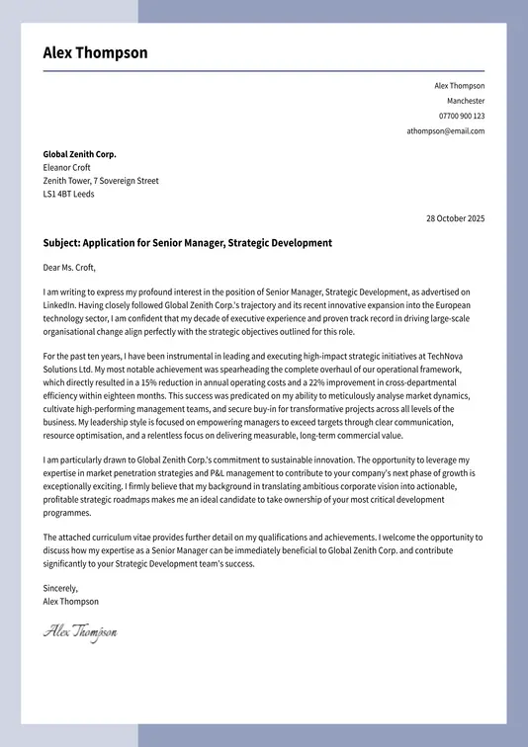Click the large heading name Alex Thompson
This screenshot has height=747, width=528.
(x=95, y=53)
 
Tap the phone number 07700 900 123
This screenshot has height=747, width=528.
(x=462, y=116)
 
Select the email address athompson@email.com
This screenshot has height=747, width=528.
(x=446, y=130)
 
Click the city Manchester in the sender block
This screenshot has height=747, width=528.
(x=466, y=101)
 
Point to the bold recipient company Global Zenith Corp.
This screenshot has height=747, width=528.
(x=79, y=154)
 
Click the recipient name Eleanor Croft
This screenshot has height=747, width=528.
(x=66, y=168)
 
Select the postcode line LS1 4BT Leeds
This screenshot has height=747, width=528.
(x=68, y=195)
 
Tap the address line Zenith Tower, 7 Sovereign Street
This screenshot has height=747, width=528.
(x=101, y=181)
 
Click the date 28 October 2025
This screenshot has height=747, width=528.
(x=455, y=218)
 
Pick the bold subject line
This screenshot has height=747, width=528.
(x=188, y=243)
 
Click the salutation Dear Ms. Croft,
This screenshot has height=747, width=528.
(x=70, y=267)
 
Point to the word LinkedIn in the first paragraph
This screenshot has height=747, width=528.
(x=59, y=306)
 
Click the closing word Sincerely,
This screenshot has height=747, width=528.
(x=60, y=588)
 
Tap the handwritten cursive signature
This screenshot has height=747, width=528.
(x=79, y=631)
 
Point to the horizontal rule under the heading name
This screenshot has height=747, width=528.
(x=263, y=71)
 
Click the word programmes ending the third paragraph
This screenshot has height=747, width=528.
(x=68, y=513)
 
